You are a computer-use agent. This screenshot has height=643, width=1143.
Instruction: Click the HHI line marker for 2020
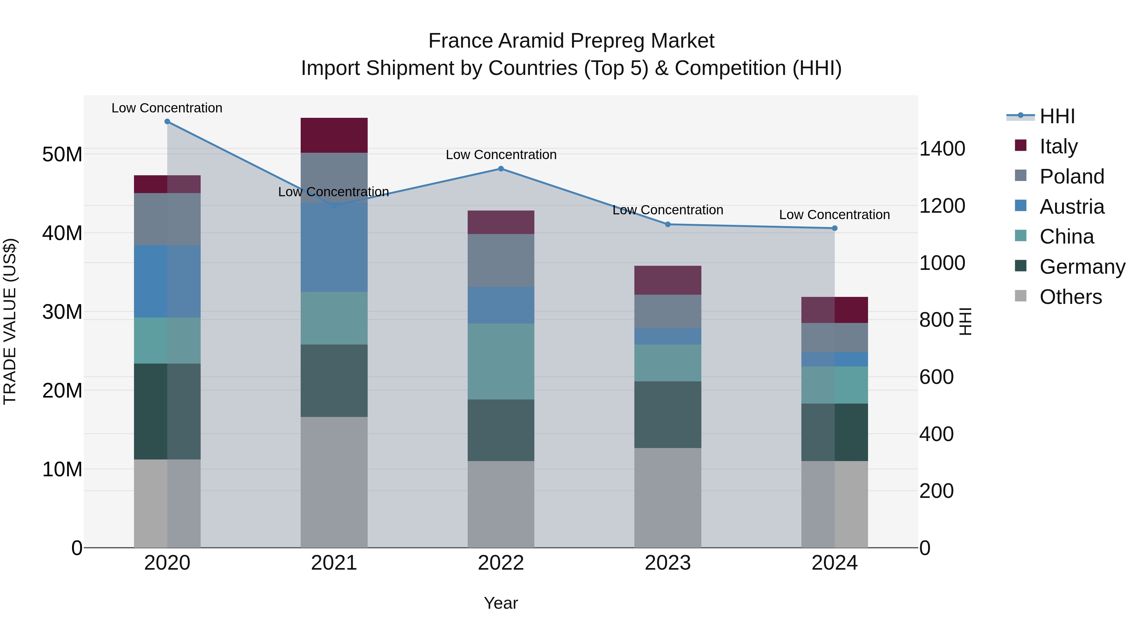[x=167, y=122]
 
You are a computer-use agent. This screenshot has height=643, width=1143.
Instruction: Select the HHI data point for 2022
[x=501, y=169]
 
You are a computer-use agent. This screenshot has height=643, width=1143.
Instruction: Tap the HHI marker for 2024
[x=835, y=228]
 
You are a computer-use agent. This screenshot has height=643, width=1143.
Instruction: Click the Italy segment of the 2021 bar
[x=334, y=135]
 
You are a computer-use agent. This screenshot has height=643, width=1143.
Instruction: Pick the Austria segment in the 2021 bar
[x=334, y=247]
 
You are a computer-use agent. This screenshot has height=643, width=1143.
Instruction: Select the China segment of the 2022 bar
[x=501, y=361]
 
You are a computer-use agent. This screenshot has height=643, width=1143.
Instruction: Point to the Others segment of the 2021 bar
[x=334, y=482]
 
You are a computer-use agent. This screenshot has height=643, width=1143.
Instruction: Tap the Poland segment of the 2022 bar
[x=501, y=260]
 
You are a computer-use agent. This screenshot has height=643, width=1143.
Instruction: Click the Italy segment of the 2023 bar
[x=668, y=280]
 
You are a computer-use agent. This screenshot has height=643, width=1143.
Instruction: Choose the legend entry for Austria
[x=1071, y=207]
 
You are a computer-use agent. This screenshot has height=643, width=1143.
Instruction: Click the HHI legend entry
[x=1057, y=116]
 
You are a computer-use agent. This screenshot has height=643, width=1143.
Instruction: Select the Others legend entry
[x=1070, y=297]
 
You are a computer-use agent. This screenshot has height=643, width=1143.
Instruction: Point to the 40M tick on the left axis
[x=62, y=233]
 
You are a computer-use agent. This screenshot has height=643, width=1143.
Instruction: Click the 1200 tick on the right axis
[x=942, y=206]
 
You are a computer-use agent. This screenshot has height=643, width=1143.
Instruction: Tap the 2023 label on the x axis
[x=668, y=563]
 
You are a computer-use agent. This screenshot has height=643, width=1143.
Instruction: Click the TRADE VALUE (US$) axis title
[x=10, y=321]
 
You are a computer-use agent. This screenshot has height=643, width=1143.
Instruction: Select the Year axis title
[x=501, y=603]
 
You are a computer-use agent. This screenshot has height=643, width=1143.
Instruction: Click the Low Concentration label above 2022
[x=501, y=155]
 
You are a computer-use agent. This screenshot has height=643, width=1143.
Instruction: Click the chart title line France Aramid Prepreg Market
[x=571, y=41]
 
